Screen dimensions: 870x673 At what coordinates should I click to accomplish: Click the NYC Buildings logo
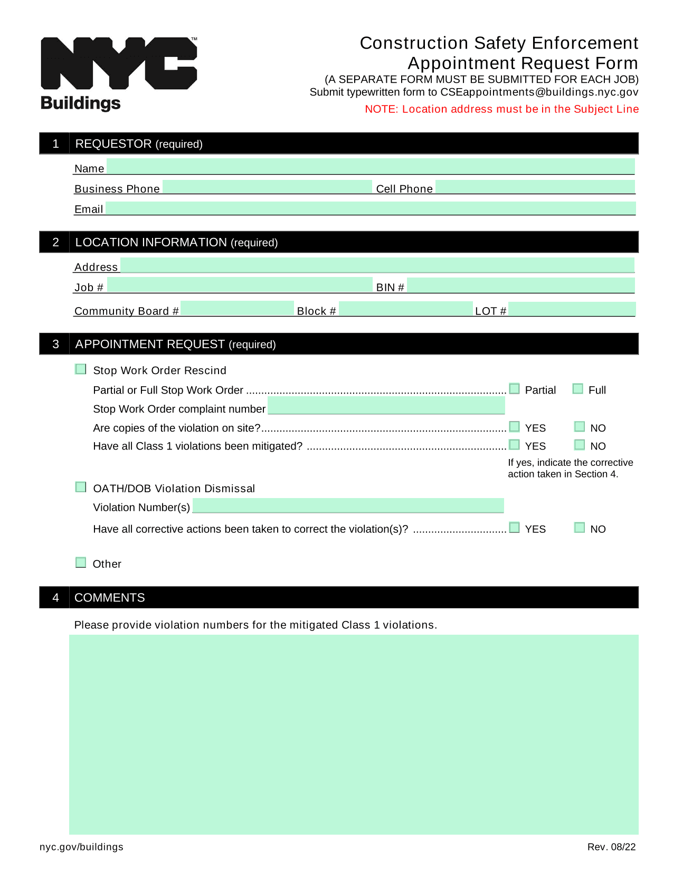pos(118,73)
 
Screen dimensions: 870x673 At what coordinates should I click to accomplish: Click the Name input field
pos(370,166)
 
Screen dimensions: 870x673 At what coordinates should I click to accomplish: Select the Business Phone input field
pos(267,187)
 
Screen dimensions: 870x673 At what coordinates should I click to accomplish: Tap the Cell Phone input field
pos(535,187)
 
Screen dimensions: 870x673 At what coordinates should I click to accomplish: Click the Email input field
pos(370,208)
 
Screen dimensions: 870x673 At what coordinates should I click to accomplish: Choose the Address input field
pos(377,265)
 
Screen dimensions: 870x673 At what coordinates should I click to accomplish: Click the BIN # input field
pos(520,285)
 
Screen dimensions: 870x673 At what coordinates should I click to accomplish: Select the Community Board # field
pos(237,308)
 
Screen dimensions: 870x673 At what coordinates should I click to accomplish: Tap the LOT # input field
pos(572,309)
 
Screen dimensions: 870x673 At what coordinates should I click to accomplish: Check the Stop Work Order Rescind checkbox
pos(81,369)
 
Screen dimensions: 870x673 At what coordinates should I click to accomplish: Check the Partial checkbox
pos(515,388)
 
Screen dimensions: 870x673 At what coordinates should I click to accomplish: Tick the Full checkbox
pos(578,388)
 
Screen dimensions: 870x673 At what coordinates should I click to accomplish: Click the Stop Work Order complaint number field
pos(386,406)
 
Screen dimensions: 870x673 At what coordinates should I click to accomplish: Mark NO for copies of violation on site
pos(580,426)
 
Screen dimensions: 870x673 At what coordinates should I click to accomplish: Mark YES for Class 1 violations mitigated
pos(515,444)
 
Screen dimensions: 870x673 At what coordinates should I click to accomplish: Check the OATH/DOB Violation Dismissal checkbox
pos(81,486)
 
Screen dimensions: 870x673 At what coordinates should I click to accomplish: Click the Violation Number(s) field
pos(348,505)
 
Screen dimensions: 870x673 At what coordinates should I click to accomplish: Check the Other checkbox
pos(81,562)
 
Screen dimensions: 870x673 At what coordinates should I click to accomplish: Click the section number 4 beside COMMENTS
pos(55,597)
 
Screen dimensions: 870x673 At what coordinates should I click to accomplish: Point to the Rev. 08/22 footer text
pos(611,847)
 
